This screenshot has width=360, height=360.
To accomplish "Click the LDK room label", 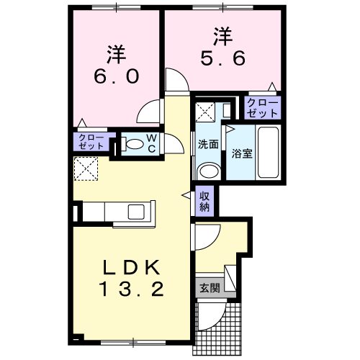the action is (131, 267).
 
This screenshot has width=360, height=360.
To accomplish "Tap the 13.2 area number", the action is (131, 289).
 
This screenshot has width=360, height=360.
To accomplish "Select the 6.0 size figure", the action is (117, 76).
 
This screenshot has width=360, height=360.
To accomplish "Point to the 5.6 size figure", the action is (223, 58).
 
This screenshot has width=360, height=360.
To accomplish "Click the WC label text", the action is (152, 143).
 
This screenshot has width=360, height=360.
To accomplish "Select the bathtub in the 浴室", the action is (268, 152).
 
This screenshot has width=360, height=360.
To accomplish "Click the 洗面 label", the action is (208, 144).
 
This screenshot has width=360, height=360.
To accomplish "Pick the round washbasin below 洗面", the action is (209, 171).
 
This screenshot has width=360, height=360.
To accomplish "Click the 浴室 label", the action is (242, 153).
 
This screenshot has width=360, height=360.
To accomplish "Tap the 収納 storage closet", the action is (204, 201).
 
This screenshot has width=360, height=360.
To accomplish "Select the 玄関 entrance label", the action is (210, 288).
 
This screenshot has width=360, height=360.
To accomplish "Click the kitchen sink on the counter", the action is (136, 212).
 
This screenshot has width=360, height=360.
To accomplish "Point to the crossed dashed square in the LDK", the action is (86, 168).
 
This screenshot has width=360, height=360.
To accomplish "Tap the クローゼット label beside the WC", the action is (91, 142).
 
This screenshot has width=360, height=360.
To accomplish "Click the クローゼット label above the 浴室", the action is (262, 108).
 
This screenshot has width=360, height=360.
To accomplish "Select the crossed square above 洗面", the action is (205, 112).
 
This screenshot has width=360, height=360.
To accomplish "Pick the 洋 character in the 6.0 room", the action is (117, 55).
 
